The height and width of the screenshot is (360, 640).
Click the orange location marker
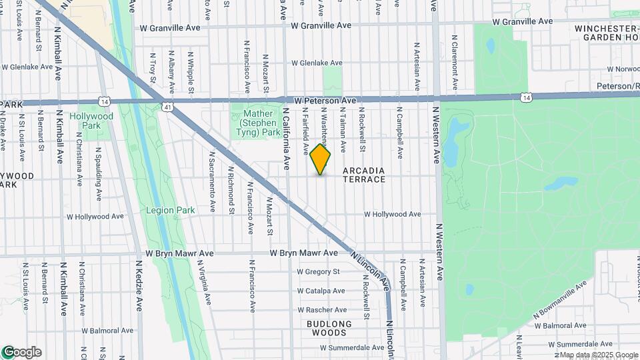coord(320,159)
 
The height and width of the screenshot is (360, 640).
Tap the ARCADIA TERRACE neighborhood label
coord(364,175)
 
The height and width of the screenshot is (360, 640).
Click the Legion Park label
coord(171,210)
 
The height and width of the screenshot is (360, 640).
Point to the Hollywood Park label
coord(92,121)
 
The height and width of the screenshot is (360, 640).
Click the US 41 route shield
coord(167,107)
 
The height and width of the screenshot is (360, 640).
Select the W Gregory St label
coord(318,271)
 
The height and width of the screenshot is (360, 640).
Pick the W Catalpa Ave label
coord(321,291)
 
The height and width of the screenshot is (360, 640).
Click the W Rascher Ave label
coord(322,310)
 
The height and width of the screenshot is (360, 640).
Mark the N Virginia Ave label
coord(206,283)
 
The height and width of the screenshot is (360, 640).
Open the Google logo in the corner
coord(21,352)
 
